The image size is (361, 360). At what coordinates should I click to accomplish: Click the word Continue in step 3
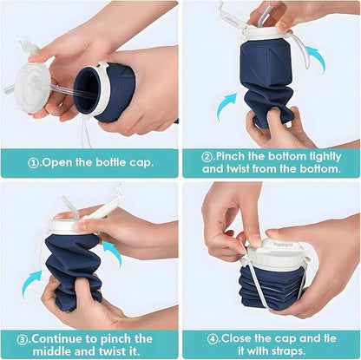point(66,337)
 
